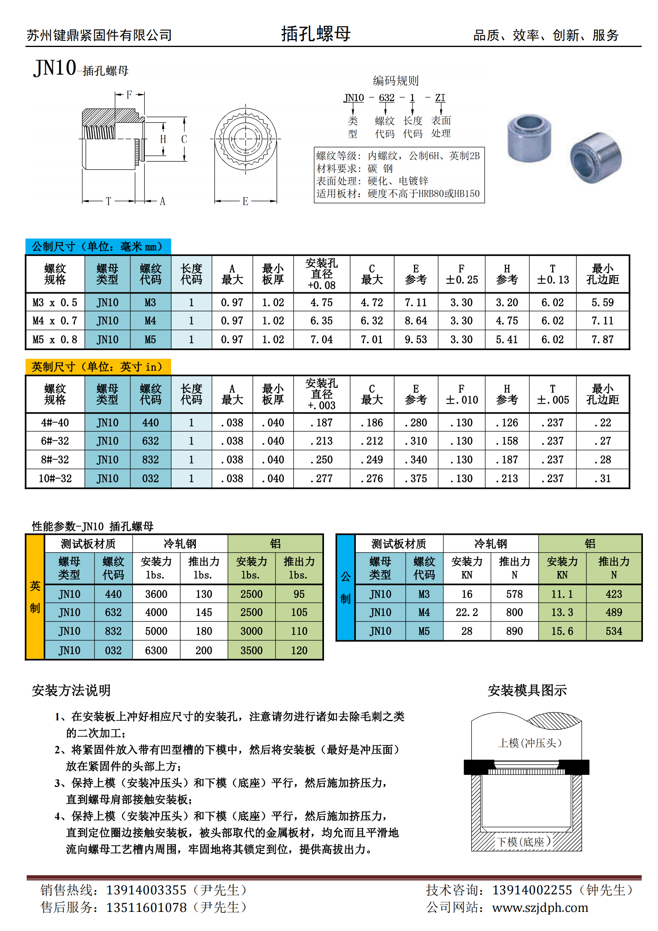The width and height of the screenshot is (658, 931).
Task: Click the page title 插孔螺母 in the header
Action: (316, 34)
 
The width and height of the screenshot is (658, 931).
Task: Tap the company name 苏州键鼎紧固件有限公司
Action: (100, 35)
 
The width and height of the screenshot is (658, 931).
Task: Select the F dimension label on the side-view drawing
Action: (129, 95)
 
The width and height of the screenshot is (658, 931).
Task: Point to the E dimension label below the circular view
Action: (245, 201)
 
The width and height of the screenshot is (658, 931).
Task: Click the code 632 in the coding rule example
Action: (387, 98)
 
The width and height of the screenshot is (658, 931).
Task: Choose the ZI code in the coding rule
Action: (440, 98)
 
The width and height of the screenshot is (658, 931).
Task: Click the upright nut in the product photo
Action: (529, 138)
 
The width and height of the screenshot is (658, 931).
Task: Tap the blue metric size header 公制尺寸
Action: (98, 246)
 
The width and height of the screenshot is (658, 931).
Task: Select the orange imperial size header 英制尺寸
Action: (98, 367)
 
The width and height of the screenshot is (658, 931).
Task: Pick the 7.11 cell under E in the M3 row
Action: (416, 303)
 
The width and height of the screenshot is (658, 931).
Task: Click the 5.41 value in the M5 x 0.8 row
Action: (507, 339)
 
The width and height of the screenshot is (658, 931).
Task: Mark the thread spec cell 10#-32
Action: (55, 479)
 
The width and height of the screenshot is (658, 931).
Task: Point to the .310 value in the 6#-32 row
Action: (416, 441)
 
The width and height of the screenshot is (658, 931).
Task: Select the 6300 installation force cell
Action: (156, 650)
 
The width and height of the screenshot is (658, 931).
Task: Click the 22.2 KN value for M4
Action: (467, 612)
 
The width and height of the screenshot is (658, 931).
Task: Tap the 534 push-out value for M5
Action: (613, 631)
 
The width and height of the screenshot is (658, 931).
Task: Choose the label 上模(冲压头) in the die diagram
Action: (529, 743)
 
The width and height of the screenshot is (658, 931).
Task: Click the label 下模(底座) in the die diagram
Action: (524, 842)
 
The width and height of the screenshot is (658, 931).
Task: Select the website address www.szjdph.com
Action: (540, 908)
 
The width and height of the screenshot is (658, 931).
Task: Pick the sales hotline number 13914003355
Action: (146, 890)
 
